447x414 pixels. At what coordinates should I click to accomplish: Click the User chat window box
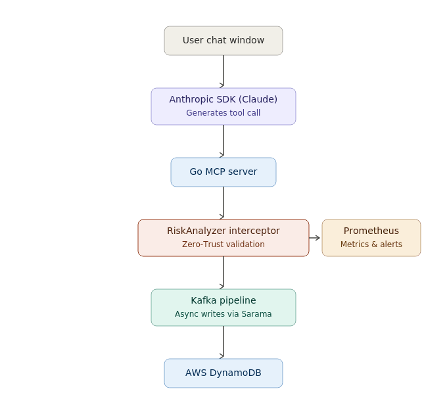[223, 41]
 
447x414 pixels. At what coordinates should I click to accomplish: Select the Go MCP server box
[223, 172]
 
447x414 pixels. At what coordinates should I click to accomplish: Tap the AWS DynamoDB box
[223, 373]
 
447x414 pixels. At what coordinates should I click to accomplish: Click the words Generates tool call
[223, 113]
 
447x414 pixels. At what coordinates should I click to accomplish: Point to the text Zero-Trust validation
[223, 244]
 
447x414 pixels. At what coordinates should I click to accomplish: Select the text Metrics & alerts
[371, 244]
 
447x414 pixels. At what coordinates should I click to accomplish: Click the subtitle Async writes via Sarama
[223, 314]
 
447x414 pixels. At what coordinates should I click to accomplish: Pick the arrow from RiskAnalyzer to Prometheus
[314, 238]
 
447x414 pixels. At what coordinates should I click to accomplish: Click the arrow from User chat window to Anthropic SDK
[223, 71]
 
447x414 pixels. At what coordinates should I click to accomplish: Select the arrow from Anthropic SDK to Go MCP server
[223, 141]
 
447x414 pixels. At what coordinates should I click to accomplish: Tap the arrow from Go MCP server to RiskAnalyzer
[223, 202]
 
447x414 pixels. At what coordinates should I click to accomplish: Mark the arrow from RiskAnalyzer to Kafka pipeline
[223, 273]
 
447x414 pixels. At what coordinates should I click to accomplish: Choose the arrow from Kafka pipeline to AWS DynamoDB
[223, 342]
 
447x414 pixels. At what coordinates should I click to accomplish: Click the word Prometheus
[371, 231]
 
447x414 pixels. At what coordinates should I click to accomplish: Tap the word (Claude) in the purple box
[258, 99]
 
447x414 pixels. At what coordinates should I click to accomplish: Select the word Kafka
[204, 300]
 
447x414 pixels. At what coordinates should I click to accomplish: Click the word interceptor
[254, 231]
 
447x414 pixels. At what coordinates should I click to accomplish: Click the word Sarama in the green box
[256, 314]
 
